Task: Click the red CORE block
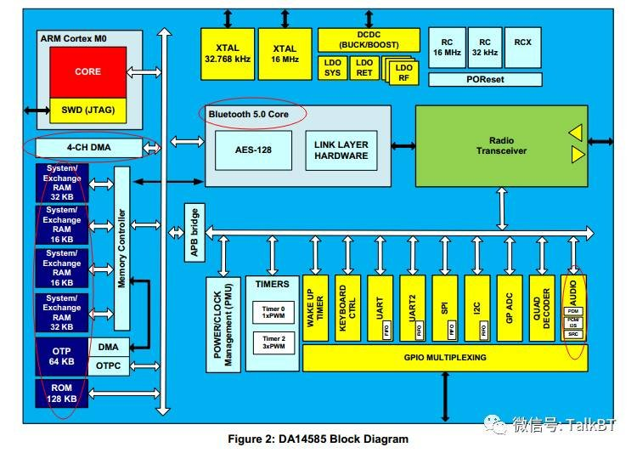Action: tap(87, 72)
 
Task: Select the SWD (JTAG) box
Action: tap(87, 110)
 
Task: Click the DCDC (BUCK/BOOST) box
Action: tap(369, 39)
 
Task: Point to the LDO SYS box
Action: tap(331, 68)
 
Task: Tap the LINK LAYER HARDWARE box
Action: tap(341, 150)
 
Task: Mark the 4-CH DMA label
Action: tap(88, 149)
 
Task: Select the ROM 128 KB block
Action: tap(61, 392)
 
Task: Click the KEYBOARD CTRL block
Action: tap(347, 307)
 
